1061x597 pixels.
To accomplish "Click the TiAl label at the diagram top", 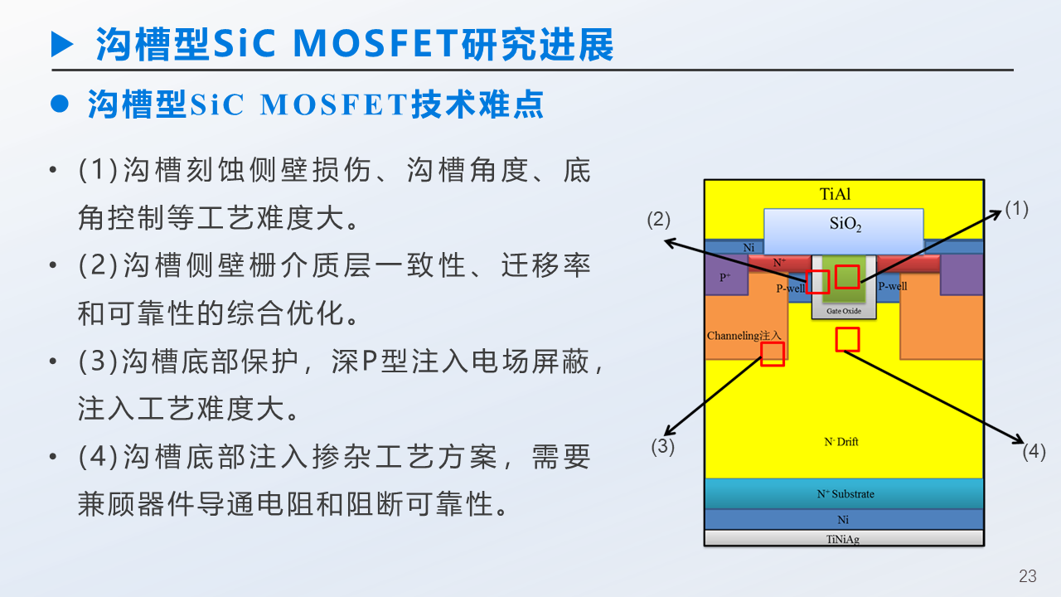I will click(x=835, y=195).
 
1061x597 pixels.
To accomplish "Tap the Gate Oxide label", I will click(x=843, y=312).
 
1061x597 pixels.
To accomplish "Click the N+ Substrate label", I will click(x=845, y=493).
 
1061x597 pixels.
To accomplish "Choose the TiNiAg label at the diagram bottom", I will click(x=844, y=539).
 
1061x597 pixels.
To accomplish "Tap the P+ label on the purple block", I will click(x=725, y=278).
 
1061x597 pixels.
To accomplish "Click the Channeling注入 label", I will click(x=744, y=336).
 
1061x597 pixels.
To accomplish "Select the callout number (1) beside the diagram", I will click(x=1016, y=209).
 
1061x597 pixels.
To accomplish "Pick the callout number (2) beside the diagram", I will click(x=659, y=220).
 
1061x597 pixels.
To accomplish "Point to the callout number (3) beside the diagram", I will click(x=662, y=446).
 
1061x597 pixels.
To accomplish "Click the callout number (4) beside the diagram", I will click(x=1034, y=452).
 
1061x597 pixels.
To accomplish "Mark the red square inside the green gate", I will click(x=846, y=276).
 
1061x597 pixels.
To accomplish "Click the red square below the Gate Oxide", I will click(x=847, y=339).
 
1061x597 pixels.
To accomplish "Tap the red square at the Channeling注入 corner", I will click(x=773, y=354).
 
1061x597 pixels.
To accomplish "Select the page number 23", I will click(x=1028, y=576).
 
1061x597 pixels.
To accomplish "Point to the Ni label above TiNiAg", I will click(x=843, y=520).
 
